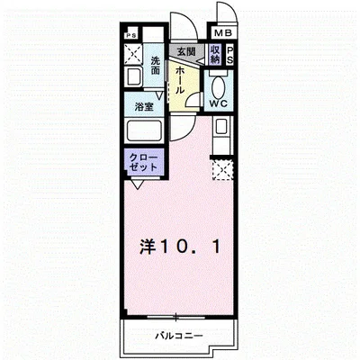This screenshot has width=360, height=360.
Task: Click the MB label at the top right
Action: click(220, 32)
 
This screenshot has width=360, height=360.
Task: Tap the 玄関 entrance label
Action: click(186, 53)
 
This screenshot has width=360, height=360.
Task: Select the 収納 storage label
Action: click(215, 55)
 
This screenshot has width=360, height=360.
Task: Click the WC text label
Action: click(218, 104)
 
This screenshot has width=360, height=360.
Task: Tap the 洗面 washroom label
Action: click(156, 66)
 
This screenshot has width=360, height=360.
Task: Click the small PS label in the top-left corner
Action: click(132, 37)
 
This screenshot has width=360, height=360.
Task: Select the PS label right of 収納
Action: click(229, 55)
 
